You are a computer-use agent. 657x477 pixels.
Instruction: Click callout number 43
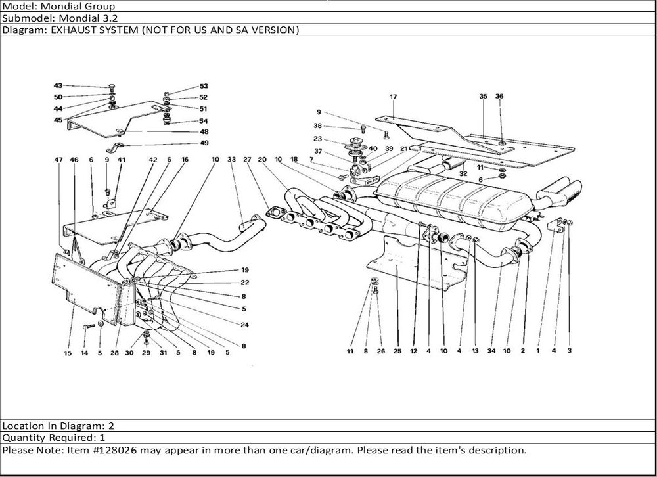58,86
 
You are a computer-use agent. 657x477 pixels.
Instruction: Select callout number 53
204,86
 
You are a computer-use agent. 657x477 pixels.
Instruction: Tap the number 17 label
393,97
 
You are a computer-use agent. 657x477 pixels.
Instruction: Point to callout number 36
499,97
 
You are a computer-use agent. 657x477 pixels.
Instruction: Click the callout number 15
68,353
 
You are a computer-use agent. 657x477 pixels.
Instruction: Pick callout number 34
491,351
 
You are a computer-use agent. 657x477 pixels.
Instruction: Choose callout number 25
397,351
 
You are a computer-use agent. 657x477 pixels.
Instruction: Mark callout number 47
60,160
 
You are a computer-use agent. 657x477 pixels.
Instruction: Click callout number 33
231,160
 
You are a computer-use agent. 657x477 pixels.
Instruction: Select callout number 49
204,143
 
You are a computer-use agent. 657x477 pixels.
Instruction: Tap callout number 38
318,125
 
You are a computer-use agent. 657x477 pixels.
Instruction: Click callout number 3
570,351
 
